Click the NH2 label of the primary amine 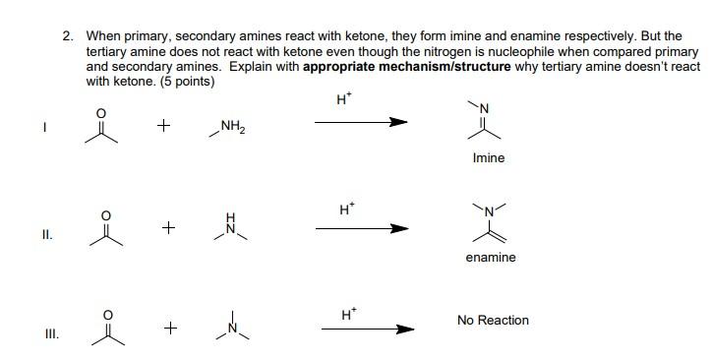[x=233, y=125]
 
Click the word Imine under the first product [x=489, y=158]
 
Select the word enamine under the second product [x=490, y=258]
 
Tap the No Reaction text [x=493, y=321]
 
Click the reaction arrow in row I [x=360, y=123]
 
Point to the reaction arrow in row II [x=360, y=228]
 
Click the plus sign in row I [x=164, y=126]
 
